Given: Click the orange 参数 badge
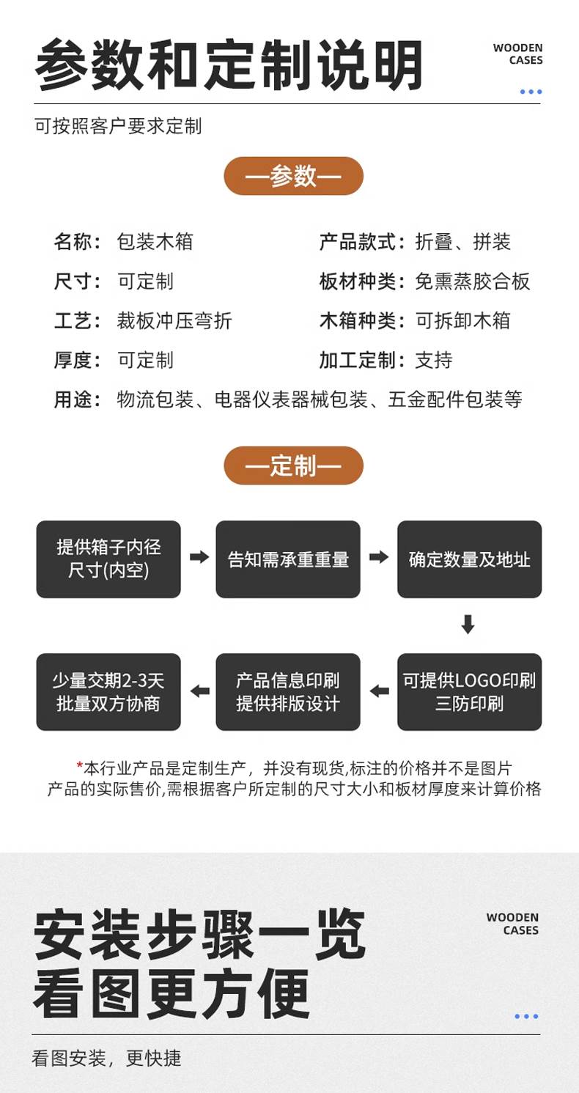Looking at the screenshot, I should [x=293, y=176].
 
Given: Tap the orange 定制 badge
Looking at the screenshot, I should [x=293, y=465].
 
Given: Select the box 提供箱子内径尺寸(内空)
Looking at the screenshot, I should [x=108, y=559].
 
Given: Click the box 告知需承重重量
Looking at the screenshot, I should [x=288, y=559].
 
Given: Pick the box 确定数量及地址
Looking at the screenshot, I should [x=469, y=559].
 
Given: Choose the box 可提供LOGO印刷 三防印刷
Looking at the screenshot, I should [x=469, y=691].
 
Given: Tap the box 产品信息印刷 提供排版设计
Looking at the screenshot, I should [x=288, y=691].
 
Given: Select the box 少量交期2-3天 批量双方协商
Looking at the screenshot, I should [x=108, y=691].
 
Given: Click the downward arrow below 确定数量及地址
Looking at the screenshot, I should [x=468, y=625].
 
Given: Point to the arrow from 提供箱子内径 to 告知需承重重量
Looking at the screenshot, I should [x=199, y=557].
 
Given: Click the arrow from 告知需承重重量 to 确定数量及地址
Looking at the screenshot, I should [x=378, y=557].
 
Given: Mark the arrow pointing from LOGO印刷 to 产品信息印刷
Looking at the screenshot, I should [x=379, y=691].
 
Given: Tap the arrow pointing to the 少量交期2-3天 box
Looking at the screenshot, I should [x=199, y=691].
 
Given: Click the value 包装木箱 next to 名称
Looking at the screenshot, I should [x=155, y=242].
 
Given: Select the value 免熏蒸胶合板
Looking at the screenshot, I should [x=472, y=281].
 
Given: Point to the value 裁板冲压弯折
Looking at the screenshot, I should [x=174, y=320].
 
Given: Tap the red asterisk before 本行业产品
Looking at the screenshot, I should [x=79, y=767].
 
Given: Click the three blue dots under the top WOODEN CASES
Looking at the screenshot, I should [x=531, y=92].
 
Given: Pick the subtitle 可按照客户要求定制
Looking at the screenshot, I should [x=118, y=126].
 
